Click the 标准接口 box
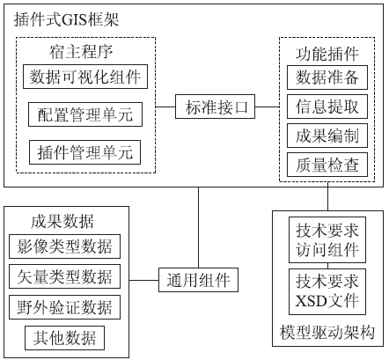[215, 107]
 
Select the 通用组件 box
[198, 280]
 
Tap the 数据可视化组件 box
[85, 77]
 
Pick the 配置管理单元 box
[85, 114]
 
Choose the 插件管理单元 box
[84, 152]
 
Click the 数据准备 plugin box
[327, 77]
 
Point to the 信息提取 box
[327, 107]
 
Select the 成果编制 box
[327, 136]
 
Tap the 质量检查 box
[327, 165]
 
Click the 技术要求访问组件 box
[327, 240]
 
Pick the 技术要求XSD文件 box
[327, 291]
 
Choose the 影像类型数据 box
[64, 246]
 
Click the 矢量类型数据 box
[64, 276]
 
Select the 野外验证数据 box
[64, 307]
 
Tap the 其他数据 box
[64, 338]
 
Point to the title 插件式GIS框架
[66, 20]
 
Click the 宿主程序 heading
[81, 52]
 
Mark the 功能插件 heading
[327, 54]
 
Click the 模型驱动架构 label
[327, 333]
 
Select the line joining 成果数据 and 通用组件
[143, 280]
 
